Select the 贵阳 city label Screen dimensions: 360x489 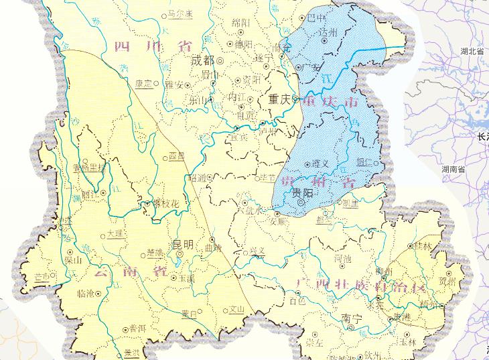[303, 192]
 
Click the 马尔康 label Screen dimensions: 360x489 [180, 13]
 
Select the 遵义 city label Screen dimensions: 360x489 [321, 164]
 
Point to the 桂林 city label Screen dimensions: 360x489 [423, 246]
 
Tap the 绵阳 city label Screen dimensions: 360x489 [240, 23]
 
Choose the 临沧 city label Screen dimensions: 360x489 [87, 293]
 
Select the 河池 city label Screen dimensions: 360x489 [342, 257]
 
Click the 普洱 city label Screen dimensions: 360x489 [138, 328]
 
